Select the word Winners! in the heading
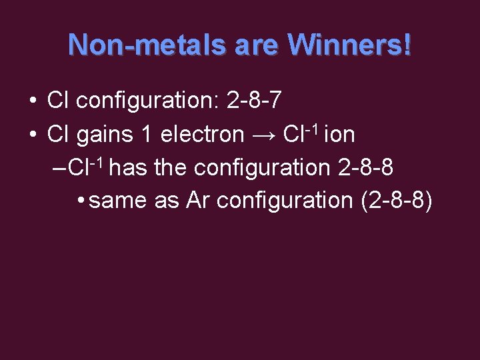tap(349, 45)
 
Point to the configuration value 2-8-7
tap(254, 101)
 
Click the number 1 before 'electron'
tap(147, 135)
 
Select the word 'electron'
tap(202, 135)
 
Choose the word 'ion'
tap(340, 135)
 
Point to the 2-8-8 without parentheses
tap(366, 167)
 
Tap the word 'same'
tap(117, 200)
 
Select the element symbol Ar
tap(197, 200)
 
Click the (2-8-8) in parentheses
tap(396, 200)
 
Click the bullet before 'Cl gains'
tap(33, 135)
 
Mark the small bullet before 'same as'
tap(80, 201)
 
